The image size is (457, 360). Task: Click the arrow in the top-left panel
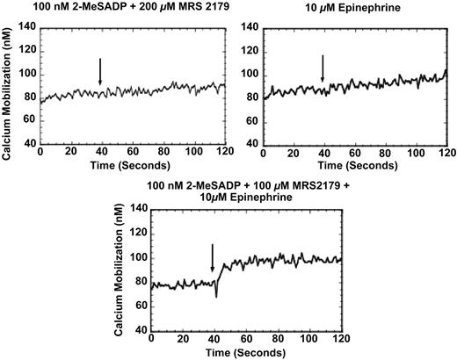point(100,72)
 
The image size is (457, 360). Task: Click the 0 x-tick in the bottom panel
point(151,338)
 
